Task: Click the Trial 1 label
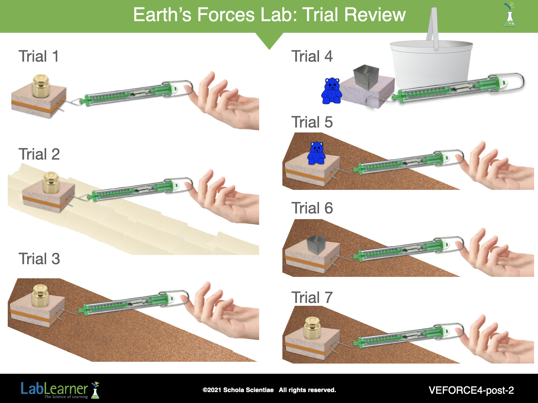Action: click(38, 56)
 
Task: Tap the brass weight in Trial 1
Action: click(41, 86)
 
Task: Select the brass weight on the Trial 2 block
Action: click(51, 182)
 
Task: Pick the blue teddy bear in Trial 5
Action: click(317, 153)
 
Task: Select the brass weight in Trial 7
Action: click(313, 328)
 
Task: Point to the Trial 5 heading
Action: click(312, 122)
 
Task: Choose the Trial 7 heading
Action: click(312, 297)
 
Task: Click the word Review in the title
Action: click(375, 15)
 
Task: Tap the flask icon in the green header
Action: click(510, 15)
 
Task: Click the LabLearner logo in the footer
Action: click(60, 390)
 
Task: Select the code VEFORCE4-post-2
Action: click(471, 390)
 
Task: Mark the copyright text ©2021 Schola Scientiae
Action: click(238, 390)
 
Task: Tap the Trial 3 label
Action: click(39, 259)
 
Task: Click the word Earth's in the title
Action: click(162, 15)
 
